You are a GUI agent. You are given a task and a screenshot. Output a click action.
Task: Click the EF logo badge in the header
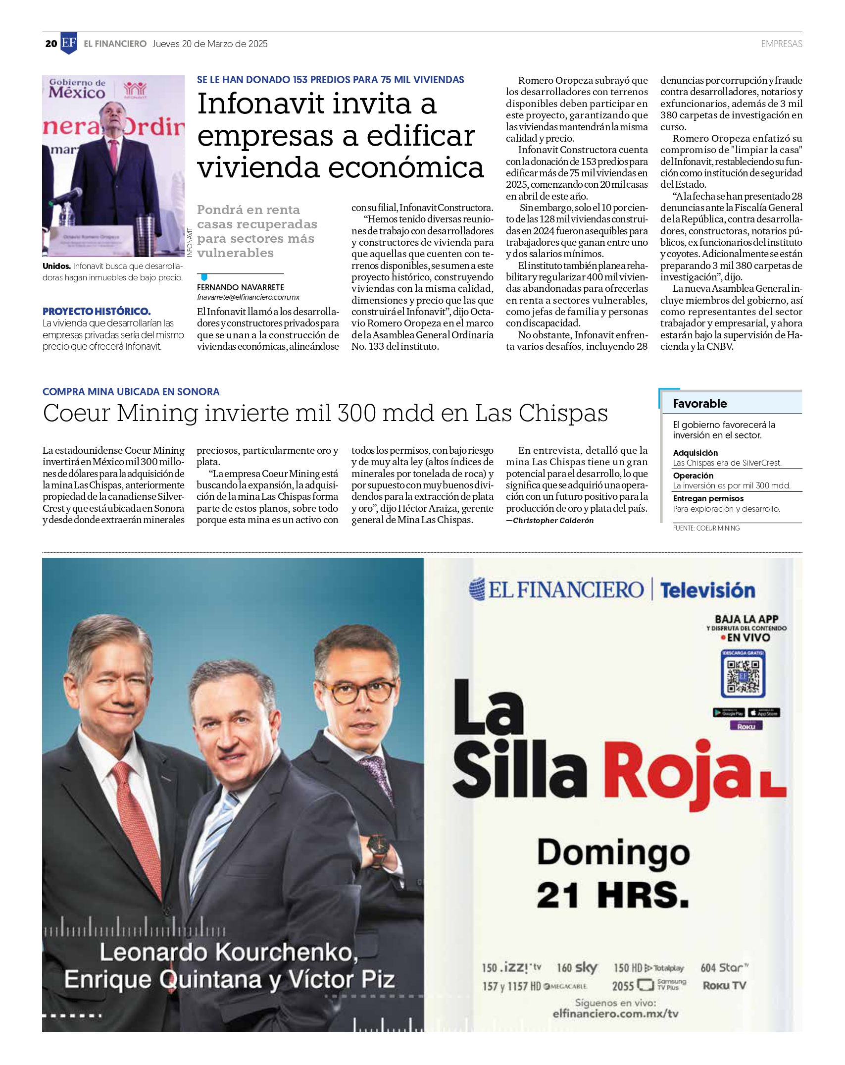pos(69,43)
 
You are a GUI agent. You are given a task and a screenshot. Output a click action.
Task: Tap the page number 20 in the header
pos(51,44)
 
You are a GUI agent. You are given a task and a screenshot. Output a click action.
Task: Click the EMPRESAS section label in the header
pos(781,44)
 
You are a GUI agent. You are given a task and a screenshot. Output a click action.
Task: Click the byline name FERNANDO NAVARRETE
pos(240,287)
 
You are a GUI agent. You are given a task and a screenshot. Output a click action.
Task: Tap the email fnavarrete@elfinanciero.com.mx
pos(248,297)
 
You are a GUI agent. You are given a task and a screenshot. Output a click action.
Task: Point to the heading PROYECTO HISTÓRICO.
pos(97,311)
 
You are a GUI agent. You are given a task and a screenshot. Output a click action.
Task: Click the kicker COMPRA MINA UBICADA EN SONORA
pos(131,392)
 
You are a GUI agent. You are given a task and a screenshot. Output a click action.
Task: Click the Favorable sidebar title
pos(699,404)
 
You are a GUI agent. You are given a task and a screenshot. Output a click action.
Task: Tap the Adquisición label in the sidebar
pos(695,453)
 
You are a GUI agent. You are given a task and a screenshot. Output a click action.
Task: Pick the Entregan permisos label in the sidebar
pos(708,498)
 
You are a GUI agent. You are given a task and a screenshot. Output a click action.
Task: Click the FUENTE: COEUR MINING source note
pos(706,528)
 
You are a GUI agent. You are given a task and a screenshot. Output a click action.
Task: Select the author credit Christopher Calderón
pos(553,521)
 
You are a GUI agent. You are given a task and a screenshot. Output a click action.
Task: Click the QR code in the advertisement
pos(743,675)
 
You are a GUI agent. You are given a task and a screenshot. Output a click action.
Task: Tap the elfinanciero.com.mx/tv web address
pos(615,1013)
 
